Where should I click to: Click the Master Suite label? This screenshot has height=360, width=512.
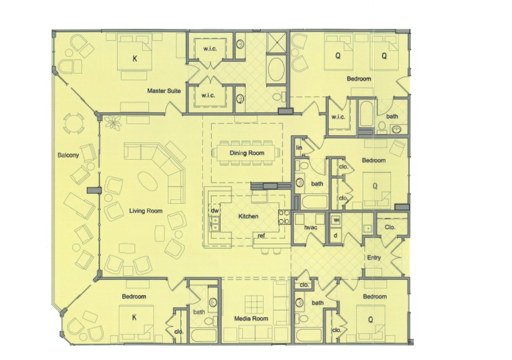164,91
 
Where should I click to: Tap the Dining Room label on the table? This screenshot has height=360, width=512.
247,153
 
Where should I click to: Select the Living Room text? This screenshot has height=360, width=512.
146,211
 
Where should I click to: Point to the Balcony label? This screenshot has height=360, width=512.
68,155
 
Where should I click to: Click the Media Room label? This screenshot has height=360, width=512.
251,318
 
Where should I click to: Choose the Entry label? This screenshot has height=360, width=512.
374,258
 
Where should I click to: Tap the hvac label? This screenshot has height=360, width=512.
311,227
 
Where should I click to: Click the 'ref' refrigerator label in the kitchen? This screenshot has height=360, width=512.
261,235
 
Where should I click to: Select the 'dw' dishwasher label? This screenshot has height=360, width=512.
215,211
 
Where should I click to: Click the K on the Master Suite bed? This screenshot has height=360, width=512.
135,59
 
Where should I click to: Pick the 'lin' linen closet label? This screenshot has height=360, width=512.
299,147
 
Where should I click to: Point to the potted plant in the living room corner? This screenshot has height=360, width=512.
113,123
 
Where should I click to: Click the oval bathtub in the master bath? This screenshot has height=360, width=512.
276,69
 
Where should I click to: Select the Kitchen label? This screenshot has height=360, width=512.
248,216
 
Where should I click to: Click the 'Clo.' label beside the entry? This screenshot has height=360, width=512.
390,227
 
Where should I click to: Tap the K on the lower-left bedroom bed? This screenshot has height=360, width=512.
134,317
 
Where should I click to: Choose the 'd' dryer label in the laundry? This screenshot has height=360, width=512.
336,235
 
